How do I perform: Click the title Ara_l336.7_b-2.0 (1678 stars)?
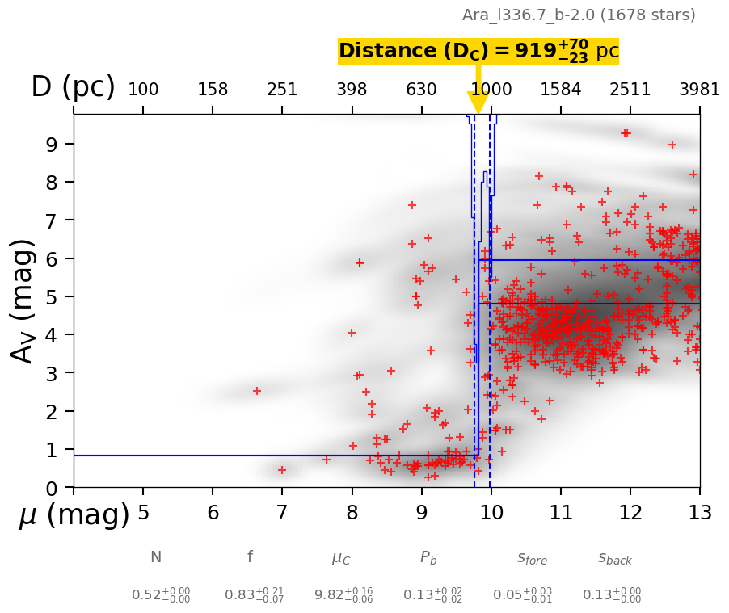[579, 15]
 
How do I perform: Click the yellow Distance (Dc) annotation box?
[478, 52]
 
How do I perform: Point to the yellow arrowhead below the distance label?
[478, 103]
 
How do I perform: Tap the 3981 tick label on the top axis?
[699, 90]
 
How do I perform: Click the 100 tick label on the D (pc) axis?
[143, 90]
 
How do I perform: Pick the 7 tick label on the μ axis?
[282, 513]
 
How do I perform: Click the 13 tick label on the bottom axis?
[699, 513]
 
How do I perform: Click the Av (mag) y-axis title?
[23, 300]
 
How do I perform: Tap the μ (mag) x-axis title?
[74, 515]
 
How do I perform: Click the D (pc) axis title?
[73, 87]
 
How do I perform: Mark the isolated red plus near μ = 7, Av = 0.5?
[282, 470]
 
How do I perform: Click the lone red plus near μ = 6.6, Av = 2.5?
[257, 391]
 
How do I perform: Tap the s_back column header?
[614, 558]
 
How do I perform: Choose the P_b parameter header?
[428, 558]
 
